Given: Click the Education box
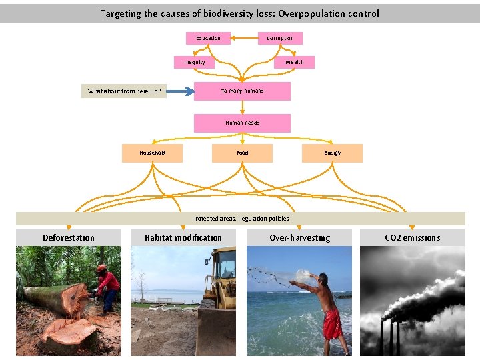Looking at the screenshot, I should [x=208, y=39].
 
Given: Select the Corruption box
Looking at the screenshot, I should [x=280, y=39].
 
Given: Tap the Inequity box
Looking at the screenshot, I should [x=195, y=63].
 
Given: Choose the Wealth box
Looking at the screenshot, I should [x=294, y=63].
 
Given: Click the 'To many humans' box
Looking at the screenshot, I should [x=242, y=91].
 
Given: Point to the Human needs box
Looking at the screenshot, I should [x=242, y=123].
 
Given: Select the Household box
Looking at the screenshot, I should [x=152, y=153].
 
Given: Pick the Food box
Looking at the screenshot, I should [x=242, y=153].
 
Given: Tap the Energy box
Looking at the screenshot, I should [x=332, y=153].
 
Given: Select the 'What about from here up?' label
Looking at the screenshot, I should [x=124, y=91].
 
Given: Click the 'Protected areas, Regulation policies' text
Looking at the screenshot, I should [x=240, y=219].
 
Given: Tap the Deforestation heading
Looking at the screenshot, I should [x=69, y=237].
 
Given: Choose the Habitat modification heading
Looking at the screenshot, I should [x=183, y=237].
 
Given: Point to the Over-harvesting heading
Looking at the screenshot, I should [x=299, y=237].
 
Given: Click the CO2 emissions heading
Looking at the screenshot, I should [x=412, y=237].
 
